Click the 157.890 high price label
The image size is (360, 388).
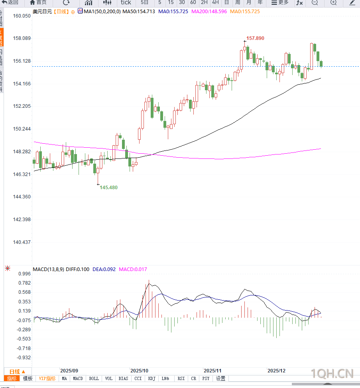coord(255,38)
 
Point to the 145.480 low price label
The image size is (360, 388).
coord(108,187)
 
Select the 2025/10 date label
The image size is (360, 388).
coord(139,370)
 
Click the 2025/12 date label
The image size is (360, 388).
coord(276,370)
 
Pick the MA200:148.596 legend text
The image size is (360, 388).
coord(209,12)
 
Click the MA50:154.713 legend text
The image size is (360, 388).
coord(138,12)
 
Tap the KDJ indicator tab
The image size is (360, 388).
coord(151,378)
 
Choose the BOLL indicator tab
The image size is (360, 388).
coord(94,378)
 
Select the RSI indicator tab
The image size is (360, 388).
coord(181,378)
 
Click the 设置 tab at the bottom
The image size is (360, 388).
coord(220,378)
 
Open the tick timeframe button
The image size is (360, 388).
coord(126,2)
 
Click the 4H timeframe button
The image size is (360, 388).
coord(215,2)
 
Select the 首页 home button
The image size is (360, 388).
coord(39,2)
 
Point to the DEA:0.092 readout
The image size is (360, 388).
coord(104,269)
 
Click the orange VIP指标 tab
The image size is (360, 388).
coord(47,378)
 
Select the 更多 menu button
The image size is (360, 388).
coord(280,2)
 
